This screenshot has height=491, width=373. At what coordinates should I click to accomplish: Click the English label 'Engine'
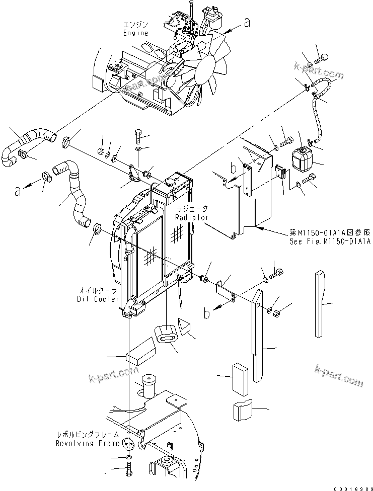click(136, 33)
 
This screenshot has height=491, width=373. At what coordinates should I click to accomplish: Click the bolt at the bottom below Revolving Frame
click(128, 473)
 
